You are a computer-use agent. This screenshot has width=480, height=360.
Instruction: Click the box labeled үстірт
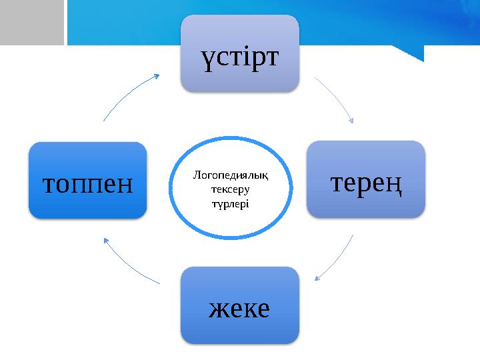coord(239,53)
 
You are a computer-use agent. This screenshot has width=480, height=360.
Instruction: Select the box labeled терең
coord(365,179)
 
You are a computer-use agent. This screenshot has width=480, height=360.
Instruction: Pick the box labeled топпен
coord(87,181)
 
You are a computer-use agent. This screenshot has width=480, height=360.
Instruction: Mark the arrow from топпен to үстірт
coord(127,97)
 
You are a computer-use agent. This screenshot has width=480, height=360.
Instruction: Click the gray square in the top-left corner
coord(31,22)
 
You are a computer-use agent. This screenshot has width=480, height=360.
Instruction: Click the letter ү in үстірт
coord(209,57)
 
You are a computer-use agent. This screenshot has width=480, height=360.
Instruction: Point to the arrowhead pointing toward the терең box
coord(351,121)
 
